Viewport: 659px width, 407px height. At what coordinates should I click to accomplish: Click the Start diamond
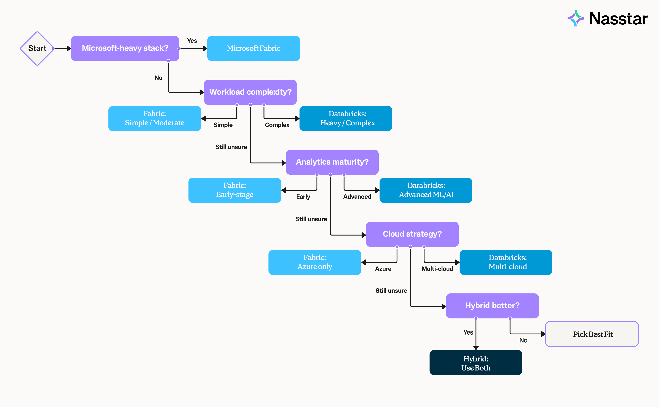(x=37, y=48)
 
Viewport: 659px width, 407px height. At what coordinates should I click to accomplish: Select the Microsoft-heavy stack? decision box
(x=125, y=48)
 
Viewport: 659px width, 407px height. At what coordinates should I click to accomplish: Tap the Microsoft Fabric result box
(x=253, y=48)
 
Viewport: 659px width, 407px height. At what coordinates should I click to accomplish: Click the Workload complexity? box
(x=250, y=92)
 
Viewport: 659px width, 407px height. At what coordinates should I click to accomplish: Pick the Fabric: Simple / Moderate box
(x=155, y=118)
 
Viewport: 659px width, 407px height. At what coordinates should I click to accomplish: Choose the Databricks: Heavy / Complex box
(x=346, y=118)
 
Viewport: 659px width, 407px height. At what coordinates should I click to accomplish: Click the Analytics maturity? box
(x=332, y=162)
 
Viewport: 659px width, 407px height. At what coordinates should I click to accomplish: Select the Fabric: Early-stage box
(x=235, y=190)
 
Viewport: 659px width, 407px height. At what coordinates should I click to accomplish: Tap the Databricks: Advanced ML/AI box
(x=426, y=190)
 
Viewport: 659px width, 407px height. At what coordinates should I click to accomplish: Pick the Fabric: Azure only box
(x=315, y=262)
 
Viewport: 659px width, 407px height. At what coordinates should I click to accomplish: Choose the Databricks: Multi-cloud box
(x=506, y=262)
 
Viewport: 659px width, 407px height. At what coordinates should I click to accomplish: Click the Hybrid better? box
(x=492, y=306)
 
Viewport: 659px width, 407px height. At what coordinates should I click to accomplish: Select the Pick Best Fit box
(x=592, y=334)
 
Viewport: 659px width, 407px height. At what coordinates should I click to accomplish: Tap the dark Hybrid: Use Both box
(x=476, y=363)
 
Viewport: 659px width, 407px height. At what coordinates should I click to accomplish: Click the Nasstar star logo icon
(x=575, y=18)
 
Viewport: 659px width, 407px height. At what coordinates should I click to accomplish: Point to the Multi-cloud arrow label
(x=437, y=269)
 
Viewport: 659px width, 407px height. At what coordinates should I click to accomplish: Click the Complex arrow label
(x=277, y=125)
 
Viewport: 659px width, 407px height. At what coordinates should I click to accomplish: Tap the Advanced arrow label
(x=357, y=197)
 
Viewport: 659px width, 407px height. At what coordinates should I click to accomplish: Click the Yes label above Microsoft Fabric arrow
(x=192, y=41)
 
